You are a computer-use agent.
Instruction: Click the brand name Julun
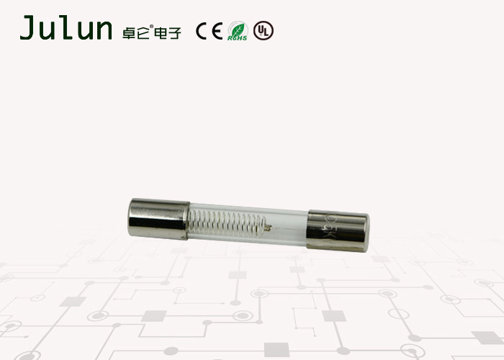pos(66,28)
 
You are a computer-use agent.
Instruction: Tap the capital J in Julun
pos(27,28)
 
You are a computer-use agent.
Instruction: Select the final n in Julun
pos(102,31)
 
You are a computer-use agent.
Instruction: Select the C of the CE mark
pos(203,32)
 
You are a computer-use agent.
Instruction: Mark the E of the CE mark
pos(217,32)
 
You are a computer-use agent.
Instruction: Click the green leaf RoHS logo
pos(238,29)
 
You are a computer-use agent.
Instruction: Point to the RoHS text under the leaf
pos(238,37)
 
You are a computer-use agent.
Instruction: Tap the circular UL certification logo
pos(264,31)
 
